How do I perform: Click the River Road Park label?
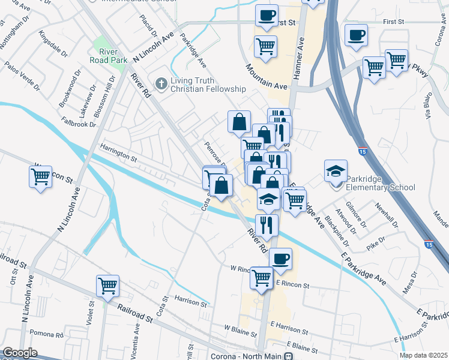108,55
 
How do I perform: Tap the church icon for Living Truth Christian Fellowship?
160,83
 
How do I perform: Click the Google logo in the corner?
20,353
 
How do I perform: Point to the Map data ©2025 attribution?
423,355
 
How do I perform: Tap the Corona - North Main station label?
255,356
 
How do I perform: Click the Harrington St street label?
119,155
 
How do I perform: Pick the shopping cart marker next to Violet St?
107,286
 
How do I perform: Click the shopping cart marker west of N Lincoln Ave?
40,177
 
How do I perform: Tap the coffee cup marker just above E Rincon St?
280,259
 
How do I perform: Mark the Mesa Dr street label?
410,286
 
